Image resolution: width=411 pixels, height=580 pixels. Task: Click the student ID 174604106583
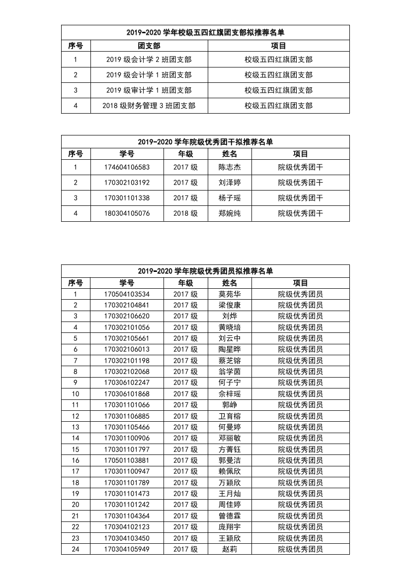(127, 167)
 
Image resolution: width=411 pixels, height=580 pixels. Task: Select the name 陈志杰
(230, 167)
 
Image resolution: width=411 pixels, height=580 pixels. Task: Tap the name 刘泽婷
(230, 183)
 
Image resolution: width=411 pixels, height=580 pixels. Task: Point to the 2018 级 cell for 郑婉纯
(185, 213)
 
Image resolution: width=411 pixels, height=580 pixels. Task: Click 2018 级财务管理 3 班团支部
(149, 106)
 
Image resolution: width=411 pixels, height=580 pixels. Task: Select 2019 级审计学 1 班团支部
(149, 90)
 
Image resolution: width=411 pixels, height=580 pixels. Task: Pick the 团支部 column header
(149, 46)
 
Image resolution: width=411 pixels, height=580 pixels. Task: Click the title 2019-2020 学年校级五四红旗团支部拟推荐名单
(205, 32)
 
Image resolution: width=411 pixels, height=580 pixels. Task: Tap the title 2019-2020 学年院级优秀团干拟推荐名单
(205, 142)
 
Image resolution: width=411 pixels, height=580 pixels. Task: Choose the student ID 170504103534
(127, 294)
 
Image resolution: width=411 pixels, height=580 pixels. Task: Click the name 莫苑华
(230, 294)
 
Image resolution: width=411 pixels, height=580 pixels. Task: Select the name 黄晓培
(230, 327)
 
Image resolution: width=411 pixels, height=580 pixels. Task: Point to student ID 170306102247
(127, 383)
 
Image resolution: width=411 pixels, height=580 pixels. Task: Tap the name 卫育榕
(230, 416)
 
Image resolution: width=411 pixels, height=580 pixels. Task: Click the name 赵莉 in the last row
(230, 549)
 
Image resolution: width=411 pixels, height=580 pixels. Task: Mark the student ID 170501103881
(127, 460)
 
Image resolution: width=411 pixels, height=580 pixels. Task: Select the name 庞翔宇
(230, 527)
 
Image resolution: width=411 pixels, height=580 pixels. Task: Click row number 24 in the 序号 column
(76, 549)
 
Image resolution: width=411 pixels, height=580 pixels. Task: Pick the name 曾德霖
(230, 516)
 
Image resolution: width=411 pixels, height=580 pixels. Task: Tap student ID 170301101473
(127, 494)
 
